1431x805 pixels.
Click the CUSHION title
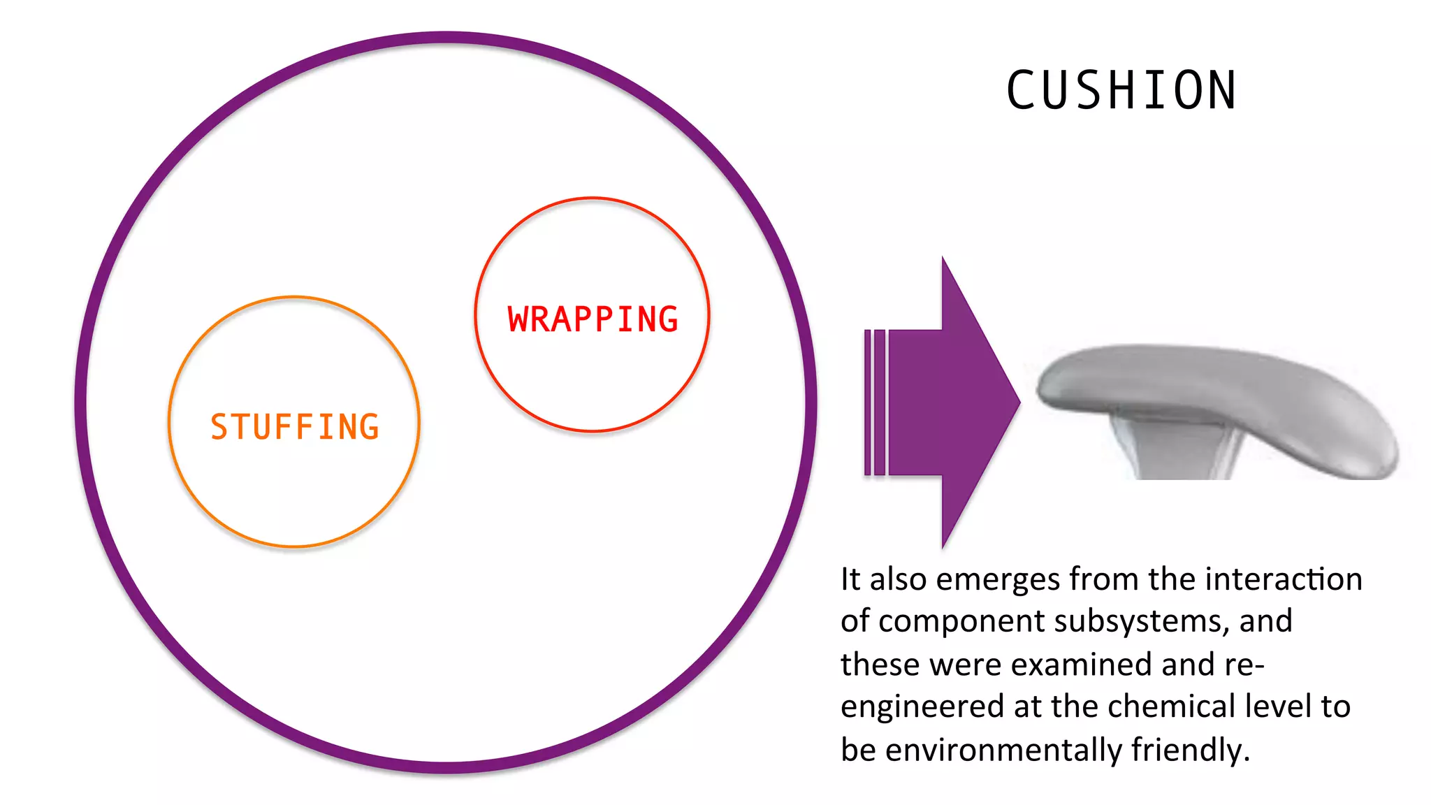(x=1121, y=91)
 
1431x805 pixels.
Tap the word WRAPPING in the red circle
(x=593, y=319)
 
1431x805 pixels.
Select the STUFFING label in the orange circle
(x=294, y=427)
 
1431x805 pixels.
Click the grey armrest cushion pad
(x=1216, y=391)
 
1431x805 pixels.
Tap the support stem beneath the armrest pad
(x=1174, y=447)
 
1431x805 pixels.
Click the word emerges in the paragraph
(x=997, y=580)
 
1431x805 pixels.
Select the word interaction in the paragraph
(x=1284, y=579)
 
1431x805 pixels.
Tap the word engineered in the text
(x=922, y=707)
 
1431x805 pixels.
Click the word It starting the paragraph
(x=850, y=579)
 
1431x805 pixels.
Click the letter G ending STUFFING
(x=369, y=427)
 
